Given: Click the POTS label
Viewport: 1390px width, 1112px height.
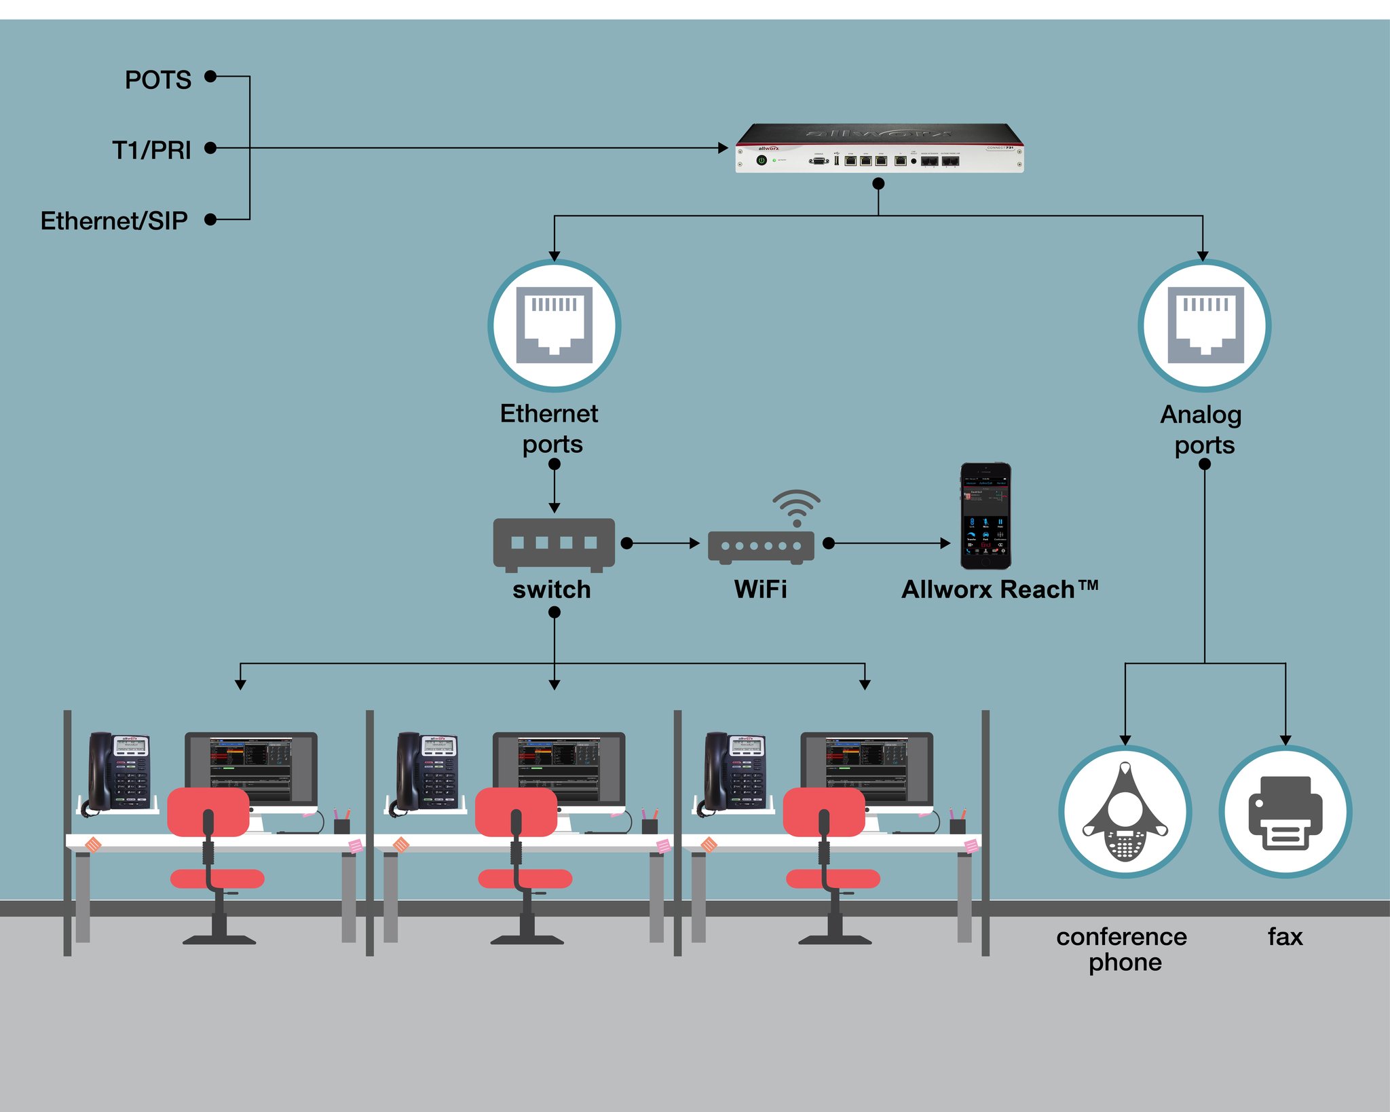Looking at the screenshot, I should (x=157, y=80).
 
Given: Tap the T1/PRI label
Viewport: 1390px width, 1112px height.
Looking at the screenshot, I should (x=151, y=150).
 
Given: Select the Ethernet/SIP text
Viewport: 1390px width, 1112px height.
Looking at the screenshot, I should (x=113, y=221).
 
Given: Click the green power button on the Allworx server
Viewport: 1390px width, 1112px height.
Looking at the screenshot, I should (x=762, y=160).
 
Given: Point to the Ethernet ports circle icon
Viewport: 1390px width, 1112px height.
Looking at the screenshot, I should (x=554, y=325).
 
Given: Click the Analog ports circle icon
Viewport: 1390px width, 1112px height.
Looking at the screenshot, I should (x=1204, y=325).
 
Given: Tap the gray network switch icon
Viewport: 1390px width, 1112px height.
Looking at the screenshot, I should (x=554, y=544).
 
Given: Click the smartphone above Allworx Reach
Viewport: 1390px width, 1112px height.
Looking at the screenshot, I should (x=985, y=516).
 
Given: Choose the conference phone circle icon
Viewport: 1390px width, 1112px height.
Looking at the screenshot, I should (x=1125, y=812).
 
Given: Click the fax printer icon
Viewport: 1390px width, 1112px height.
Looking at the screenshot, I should (x=1285, y=812).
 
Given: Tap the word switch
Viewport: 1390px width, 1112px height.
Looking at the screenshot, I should (x=551, y=589).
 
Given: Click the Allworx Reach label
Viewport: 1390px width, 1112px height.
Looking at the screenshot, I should (x=998, y=589).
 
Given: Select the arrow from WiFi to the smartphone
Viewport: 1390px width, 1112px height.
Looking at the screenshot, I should (x=889, y=543).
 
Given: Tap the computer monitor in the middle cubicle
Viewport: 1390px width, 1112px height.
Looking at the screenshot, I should (x=559, y=767).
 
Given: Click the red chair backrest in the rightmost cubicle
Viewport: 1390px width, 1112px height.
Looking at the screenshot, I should (x=823, y=812).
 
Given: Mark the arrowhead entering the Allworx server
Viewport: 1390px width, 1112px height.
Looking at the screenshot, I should (x=723, y=148).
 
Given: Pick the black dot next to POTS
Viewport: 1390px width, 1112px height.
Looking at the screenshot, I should (x=210, y=76).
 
